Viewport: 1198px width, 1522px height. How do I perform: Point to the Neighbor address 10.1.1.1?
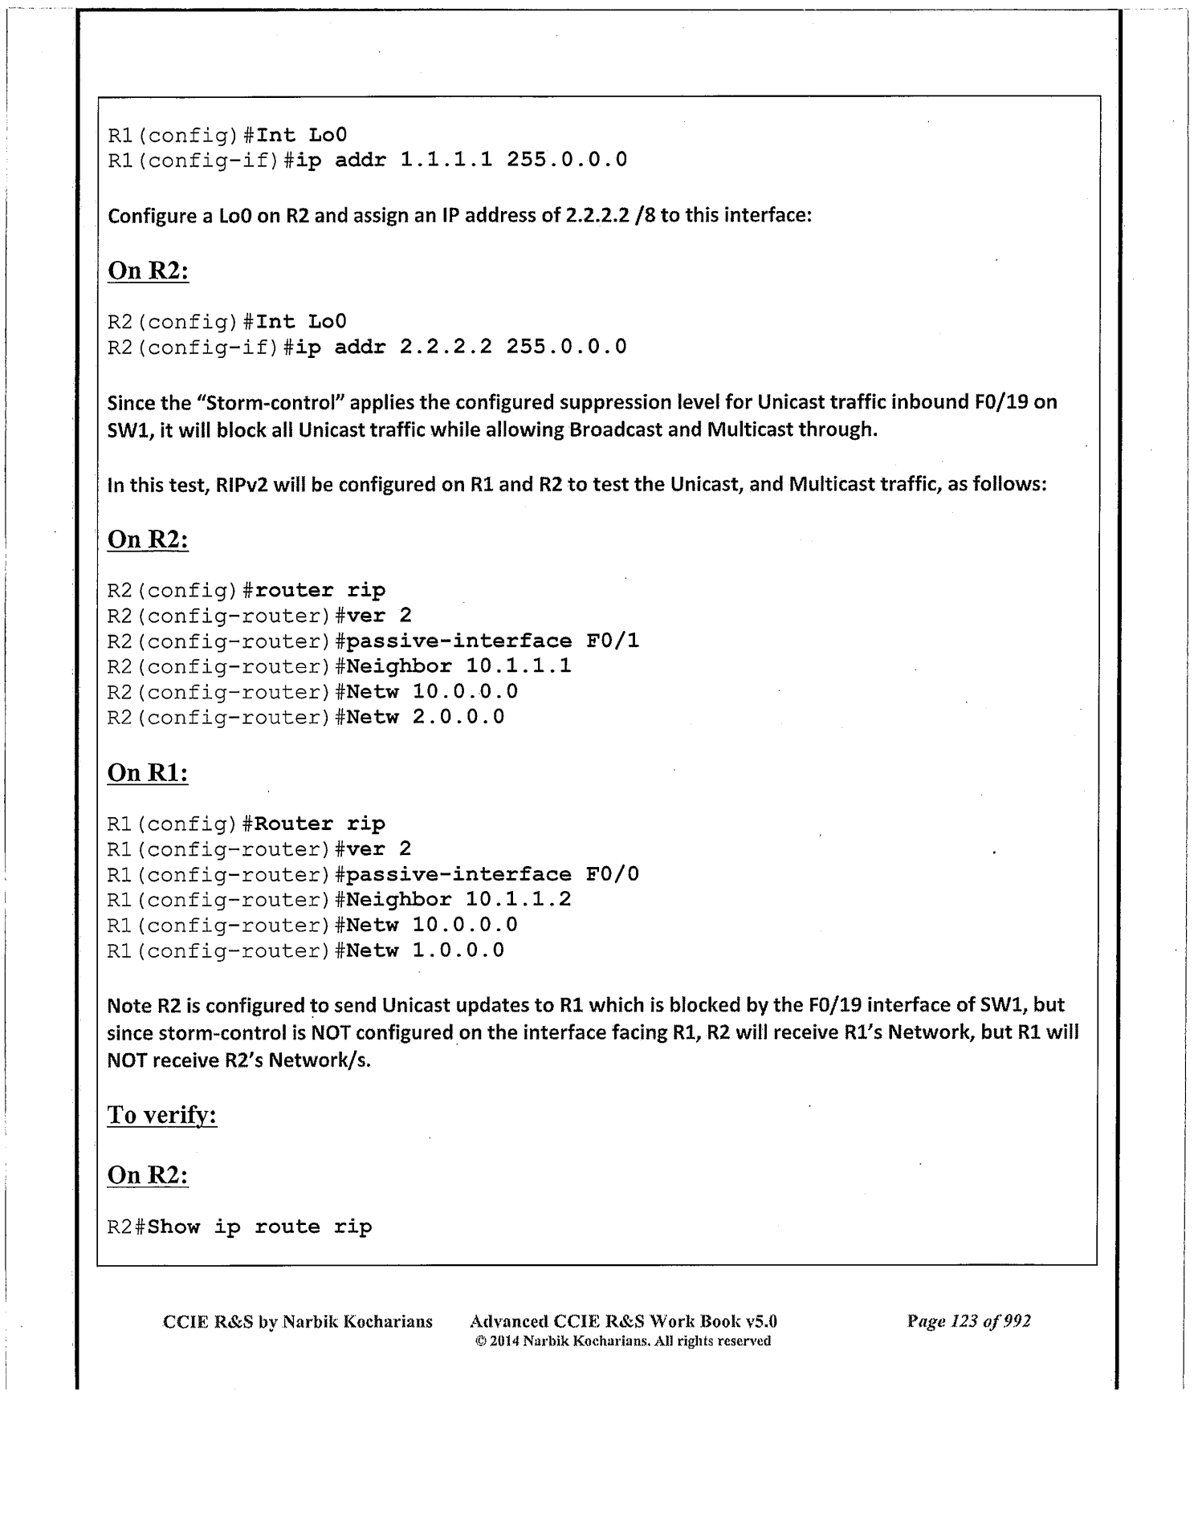click(518, 665)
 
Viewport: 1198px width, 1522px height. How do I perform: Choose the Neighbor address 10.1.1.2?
click(518, 899)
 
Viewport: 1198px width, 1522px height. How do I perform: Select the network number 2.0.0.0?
click(458, 716)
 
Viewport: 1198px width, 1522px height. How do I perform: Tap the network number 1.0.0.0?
click(458, 950)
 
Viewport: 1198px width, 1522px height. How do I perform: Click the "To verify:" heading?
click(162, 1115)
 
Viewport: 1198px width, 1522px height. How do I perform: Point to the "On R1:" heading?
click(148, 772)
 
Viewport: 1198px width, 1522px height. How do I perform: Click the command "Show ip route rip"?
click(260, 1227)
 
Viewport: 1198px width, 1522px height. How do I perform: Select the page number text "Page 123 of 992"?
click(968, 1321)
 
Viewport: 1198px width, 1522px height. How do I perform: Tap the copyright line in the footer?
click(622, 1341)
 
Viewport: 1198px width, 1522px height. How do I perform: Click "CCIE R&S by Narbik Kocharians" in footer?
click(297, 1321)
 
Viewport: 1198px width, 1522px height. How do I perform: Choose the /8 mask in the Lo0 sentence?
click(645, 216)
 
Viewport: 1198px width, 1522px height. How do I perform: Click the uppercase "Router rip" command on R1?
click(320, 824)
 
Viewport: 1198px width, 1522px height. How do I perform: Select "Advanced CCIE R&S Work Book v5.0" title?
click(622, 1321)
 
